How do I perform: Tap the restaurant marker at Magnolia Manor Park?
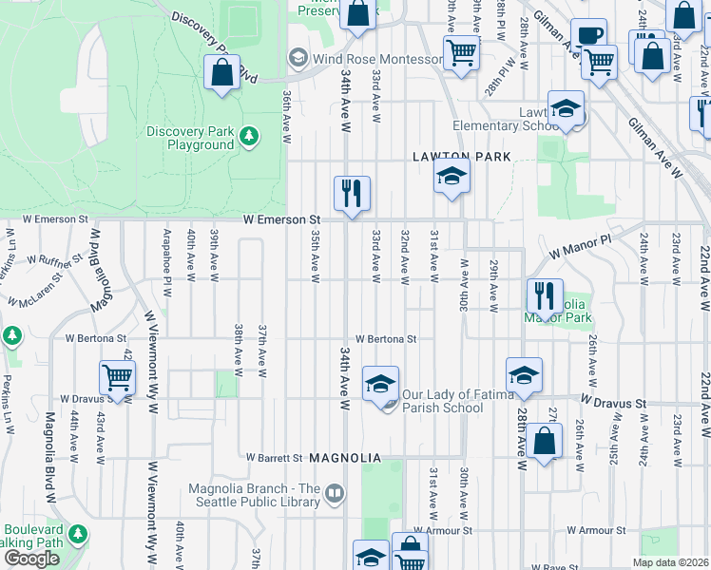pos(546,295)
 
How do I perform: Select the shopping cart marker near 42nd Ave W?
pos(118,377)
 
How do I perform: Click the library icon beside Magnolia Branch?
pos(334,493)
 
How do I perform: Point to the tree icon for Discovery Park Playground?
pos(249,137)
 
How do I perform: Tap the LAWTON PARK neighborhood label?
pos(462,156)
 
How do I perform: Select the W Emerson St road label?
pos(279,219)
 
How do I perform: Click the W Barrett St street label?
pos(274,458)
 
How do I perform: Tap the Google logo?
pos(31,558)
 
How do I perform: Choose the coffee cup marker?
pos(588,35)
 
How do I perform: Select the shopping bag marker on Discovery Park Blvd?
pos(221,72)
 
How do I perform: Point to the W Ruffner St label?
pos(57,257)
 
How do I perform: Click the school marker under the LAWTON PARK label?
pos(452,176)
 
